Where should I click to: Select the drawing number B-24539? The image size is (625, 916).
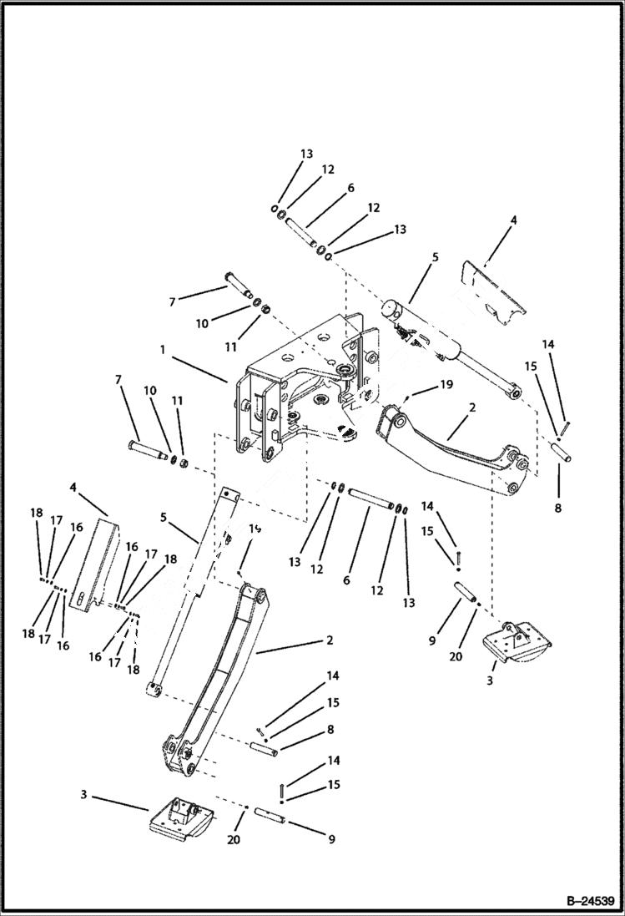tap(582, 900)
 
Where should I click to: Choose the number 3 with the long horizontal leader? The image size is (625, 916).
tap(84, 794)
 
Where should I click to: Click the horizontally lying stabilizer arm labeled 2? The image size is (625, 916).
tap(451, 447)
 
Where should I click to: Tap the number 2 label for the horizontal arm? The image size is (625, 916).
tap(472, 408)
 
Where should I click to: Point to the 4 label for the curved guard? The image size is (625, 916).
tap(514, 220)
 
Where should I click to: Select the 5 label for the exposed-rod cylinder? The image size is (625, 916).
tap(434, 258)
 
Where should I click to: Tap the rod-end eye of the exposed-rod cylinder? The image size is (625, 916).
tap(517, 390)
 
